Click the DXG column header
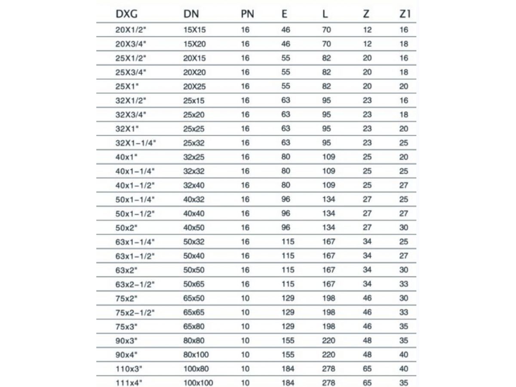pyautogui.click(x=126, y=14)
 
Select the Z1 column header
pyautogui.click(x=405, y=14)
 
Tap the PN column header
pyautogui.click(x=247, y=14)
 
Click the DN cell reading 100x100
pyautogui.click(x=198, y=382)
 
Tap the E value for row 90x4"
pyautogui.click(x=288, y=355)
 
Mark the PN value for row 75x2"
pyautogui.click(x=245, y=298)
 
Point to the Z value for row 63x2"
pyautogui.click(x=367, y=270)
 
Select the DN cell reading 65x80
pyautogui.click(x=194, y=326)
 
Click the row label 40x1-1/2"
pyautogui.click(x=135, y=185)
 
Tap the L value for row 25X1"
pyautogui.click(x=326, y=86)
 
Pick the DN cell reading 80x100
pyautogui.click(x=197, y=355)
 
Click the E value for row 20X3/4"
pyautogui.click(x=286, y=44)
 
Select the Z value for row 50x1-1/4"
pyautogui.click(x=367, y=199)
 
